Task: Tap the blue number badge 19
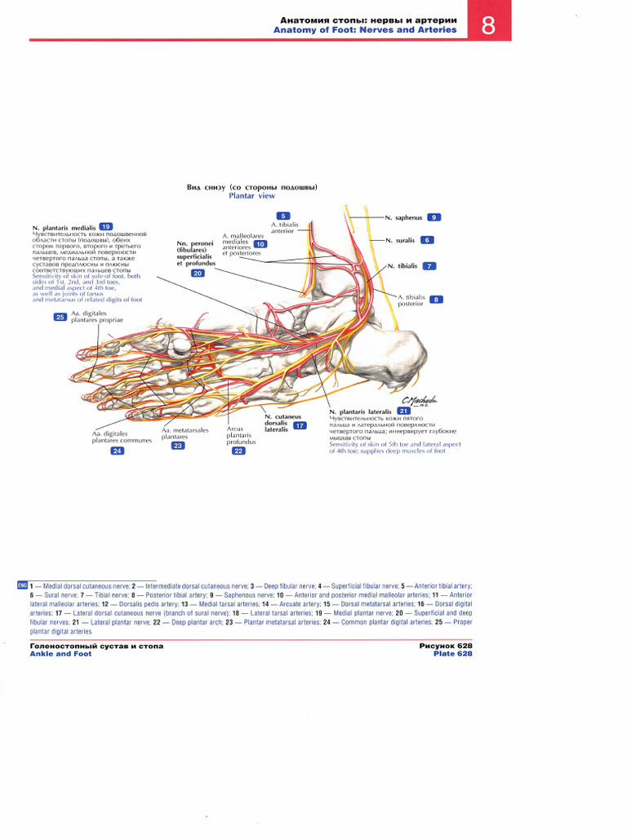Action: (105, 226)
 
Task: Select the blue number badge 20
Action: (198, 273)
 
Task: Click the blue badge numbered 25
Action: (60, 317)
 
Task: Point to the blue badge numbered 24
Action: (118, 451)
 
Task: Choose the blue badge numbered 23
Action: (178, 446)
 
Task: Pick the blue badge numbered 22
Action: (238, 451)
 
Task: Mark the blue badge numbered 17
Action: (300, 426)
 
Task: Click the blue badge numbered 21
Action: (403, 411)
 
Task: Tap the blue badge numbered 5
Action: (282, 216)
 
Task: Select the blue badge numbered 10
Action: (260, 244)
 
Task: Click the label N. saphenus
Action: (403, 217)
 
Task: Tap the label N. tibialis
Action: (402, 266)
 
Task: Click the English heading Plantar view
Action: (251, 196)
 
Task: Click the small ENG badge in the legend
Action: (22, 586)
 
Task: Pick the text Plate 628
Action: (453, 653)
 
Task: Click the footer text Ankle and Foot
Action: (60, 653)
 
